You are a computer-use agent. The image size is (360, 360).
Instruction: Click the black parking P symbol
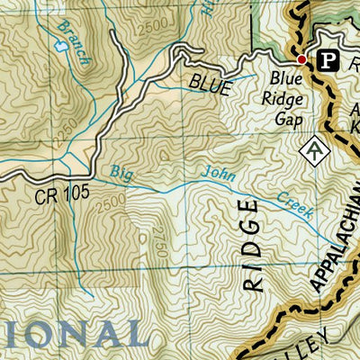click(329, 60)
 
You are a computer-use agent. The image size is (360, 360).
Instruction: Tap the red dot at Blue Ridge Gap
click(301, 60)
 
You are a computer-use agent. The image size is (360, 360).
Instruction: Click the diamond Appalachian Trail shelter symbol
click(314, 149)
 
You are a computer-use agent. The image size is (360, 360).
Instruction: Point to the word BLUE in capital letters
click(211, 84)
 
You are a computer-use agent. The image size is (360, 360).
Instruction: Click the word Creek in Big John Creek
click(293, 204)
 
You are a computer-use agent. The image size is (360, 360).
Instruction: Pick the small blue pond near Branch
click(61, 51)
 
